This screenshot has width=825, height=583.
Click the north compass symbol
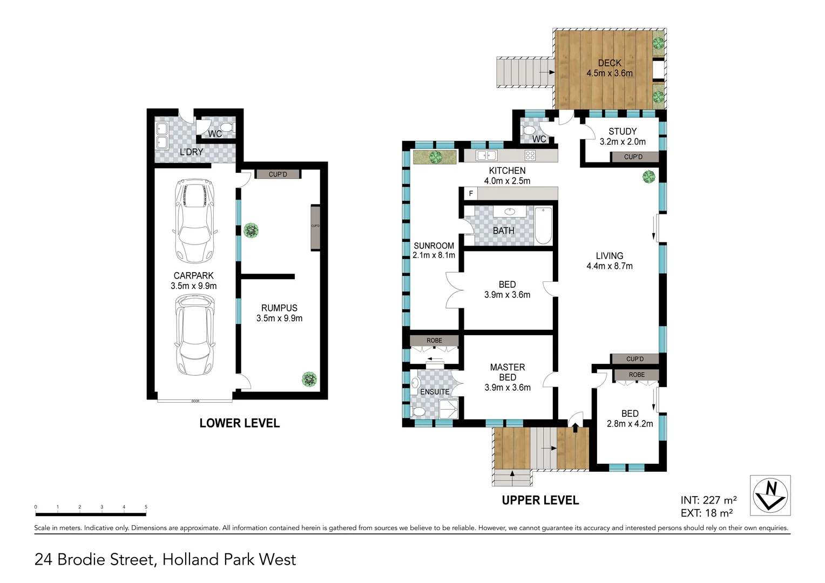tap(770, 495)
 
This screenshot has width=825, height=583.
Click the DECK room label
tap(610, 63)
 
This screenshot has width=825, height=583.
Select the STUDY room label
tap(622, 132)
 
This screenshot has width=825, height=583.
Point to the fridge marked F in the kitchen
tap(471, 193)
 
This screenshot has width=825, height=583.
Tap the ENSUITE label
tap(435, 392)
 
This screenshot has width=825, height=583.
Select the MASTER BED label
tap(507, 372)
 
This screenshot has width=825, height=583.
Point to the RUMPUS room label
tap(279, 308)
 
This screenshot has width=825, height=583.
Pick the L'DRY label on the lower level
tap(191, 152)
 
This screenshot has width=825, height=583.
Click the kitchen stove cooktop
tap(530, 156)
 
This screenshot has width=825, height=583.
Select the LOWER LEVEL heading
tap(239, 423)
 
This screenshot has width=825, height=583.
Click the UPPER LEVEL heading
tap(540, 500)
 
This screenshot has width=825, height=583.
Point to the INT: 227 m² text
tap(708, 500)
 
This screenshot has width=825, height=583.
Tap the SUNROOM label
tap(434, 246)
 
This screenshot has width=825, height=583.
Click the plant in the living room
tap(648, 177)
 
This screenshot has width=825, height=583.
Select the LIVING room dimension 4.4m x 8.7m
tap(610, 266)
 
